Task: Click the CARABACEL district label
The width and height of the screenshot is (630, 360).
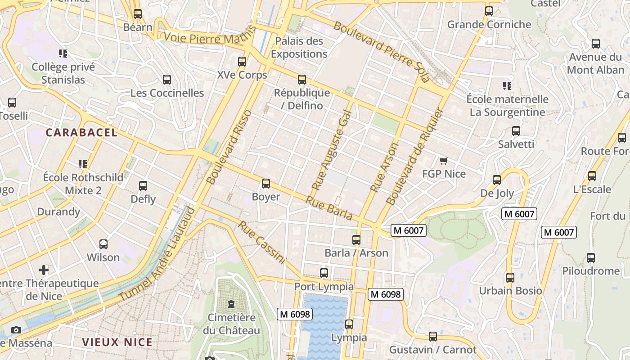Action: [81, 133]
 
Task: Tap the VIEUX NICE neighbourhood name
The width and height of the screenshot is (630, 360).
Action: [117, 342]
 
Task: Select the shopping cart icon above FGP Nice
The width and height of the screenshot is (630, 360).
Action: [444, 161]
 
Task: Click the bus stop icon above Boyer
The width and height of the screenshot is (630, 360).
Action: [266, 184]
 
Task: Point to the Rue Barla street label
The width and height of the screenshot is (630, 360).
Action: [329, 208]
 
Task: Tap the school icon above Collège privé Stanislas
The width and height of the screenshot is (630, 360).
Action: [63, 54]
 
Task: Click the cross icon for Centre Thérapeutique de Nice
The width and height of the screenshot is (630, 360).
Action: [44, 270]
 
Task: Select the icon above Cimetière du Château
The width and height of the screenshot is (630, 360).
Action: [231, 304]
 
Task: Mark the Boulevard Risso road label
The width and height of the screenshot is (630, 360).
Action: [229, 147]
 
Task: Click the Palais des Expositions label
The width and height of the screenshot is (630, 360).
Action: [299, 48]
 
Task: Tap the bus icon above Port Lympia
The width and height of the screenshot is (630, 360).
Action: [324, 273]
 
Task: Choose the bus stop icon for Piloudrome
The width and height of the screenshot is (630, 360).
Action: [590, 258]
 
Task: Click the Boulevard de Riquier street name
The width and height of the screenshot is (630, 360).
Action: [415, 156]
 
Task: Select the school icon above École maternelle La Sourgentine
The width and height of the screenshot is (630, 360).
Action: [507, 85]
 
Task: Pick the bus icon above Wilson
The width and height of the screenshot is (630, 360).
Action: [103, 244]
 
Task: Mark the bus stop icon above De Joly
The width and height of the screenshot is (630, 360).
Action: [497, 180]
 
